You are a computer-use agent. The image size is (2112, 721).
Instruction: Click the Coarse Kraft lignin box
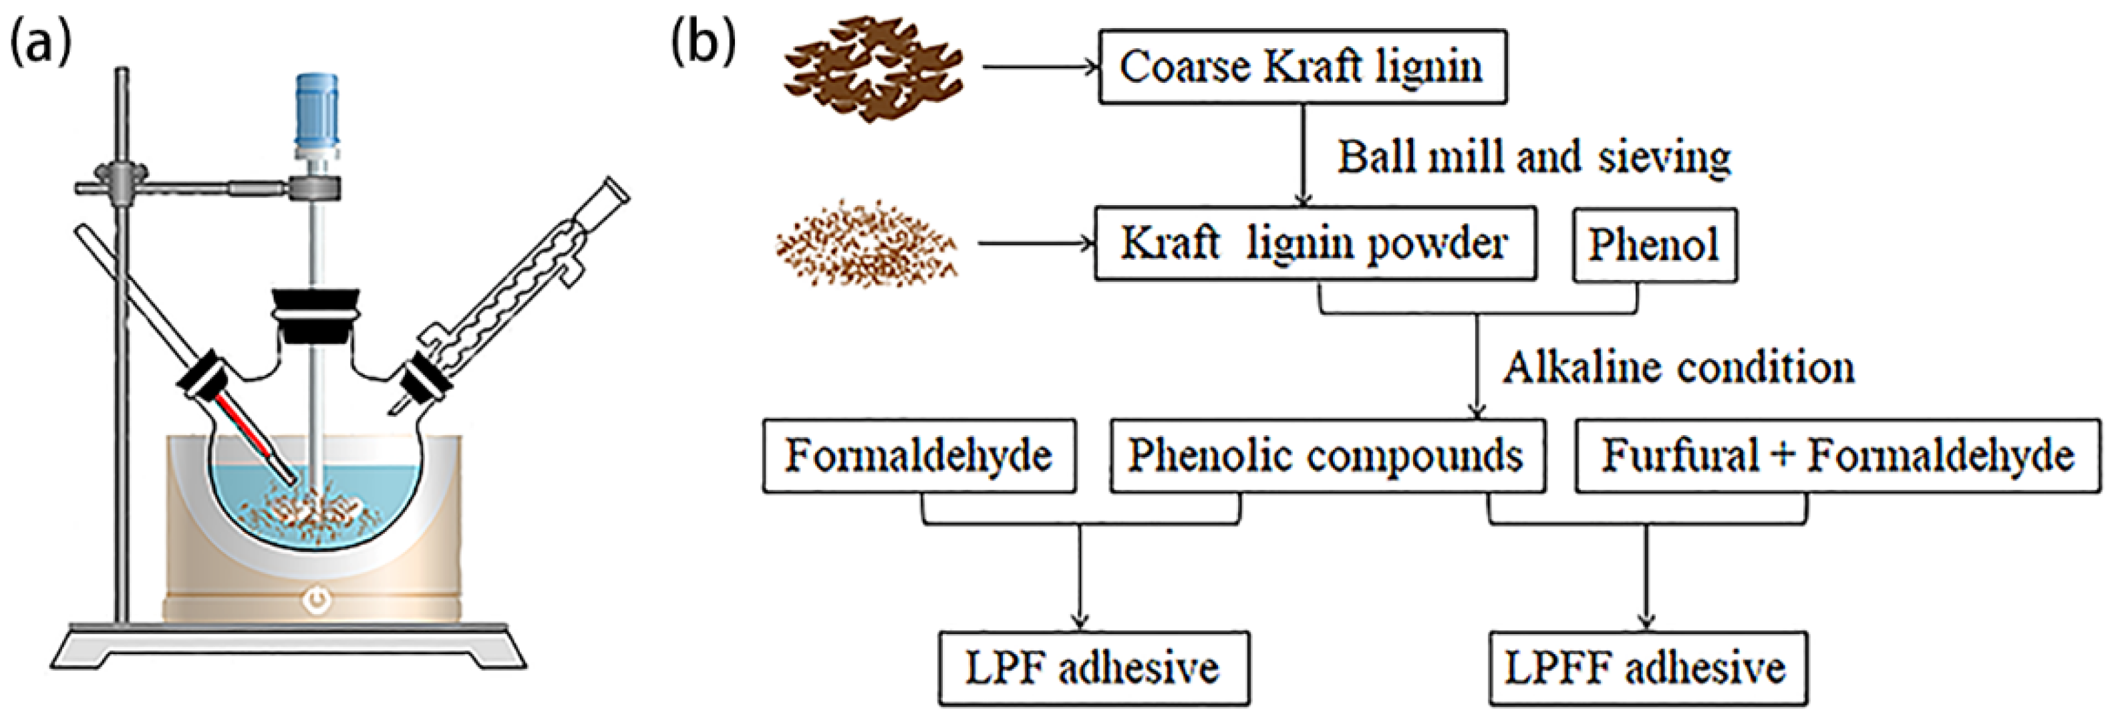pyautogui.click(x=1302, y=67)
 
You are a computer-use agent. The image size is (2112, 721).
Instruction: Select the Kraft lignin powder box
pyautogui.click(x=1314, y=244)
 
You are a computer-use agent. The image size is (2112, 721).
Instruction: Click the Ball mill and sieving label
pyautogui.click(x=1534, y=156)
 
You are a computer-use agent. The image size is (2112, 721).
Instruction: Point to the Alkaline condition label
pyautogui.click(x=1678, y=368)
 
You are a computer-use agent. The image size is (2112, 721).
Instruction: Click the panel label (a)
pyautogui.click(x=39, y=43)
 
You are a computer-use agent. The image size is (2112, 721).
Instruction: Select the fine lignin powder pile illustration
pyautogui.click(x=867, y=244)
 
